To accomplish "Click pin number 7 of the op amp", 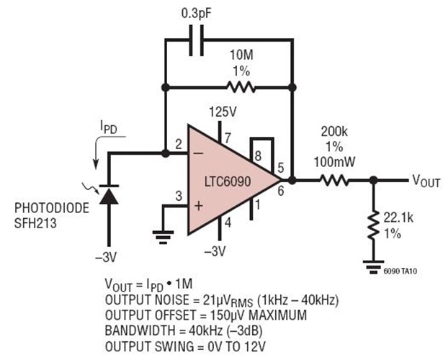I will tap(227, 138).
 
